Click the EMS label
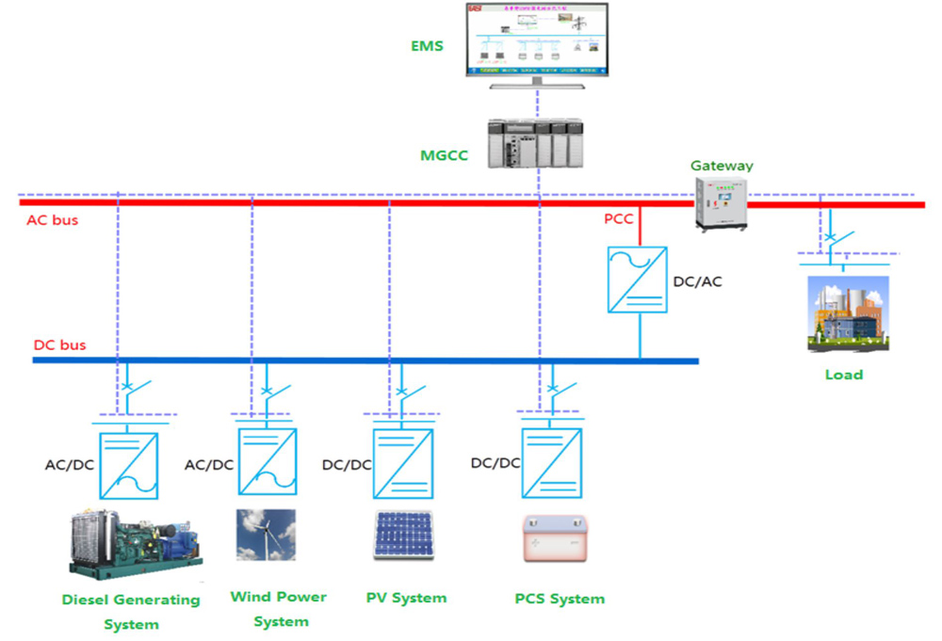pyautogui.click(x=425, y=44)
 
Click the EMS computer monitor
pyautogui.click(x=536, y=41)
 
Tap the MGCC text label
pyautogui.click(x=444, y=155)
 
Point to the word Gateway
pyautogui.click(x=722, y=166)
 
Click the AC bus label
pyautogui.click(x=53, y=220)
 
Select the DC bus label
pyautogui.click(x=59, y=345)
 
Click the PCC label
pyautogui.click(x=619, y=219)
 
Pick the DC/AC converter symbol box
pyautogui.click(x=637, y=280)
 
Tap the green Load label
pyautogui.click(x=843, y=375)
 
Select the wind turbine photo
pyautogui.click(x=266, y=536)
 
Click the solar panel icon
pyautogui.click(x=403, y=536)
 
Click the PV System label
pyautogui.click(x=406, y=598)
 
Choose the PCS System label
pyautogui.click(x=560, y=599)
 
